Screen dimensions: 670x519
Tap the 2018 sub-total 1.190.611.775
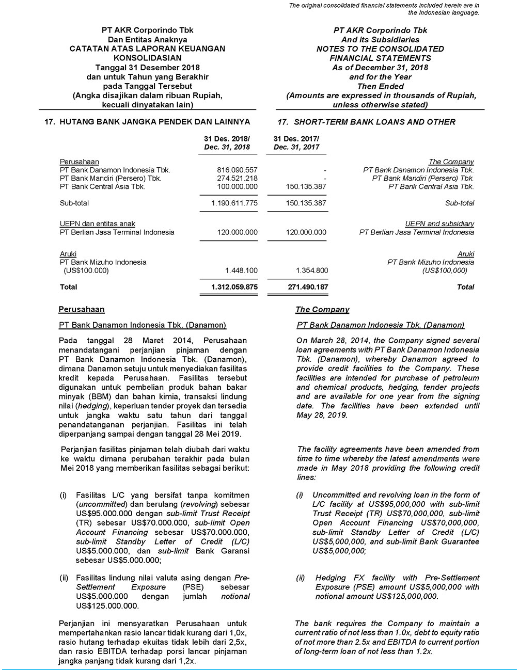click(x=234, y=203)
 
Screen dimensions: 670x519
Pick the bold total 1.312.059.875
click(x=234, y=287)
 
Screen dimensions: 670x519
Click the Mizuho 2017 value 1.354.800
click(x=311, y=270)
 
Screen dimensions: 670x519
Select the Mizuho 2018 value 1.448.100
click(x=241, y=270)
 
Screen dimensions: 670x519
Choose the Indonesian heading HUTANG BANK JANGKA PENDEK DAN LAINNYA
click(x=155, y=122)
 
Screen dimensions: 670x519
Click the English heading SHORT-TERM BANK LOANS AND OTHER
click(x=374, y=122)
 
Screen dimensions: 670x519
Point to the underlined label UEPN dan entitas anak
click(x=98, y=224)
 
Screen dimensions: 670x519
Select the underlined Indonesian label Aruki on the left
click(x=68, y=254)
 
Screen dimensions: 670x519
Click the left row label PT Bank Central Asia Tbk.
click(x=102, y=186)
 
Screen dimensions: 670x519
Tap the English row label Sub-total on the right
click(x=459, y=203)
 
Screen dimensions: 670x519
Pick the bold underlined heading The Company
click(x=322, y=310)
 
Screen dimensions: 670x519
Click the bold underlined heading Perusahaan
click(x=82, y=310)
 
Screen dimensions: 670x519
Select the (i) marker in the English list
click(x=300, y=495)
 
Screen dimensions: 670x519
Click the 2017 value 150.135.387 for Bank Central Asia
click(x=306, y=186)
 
